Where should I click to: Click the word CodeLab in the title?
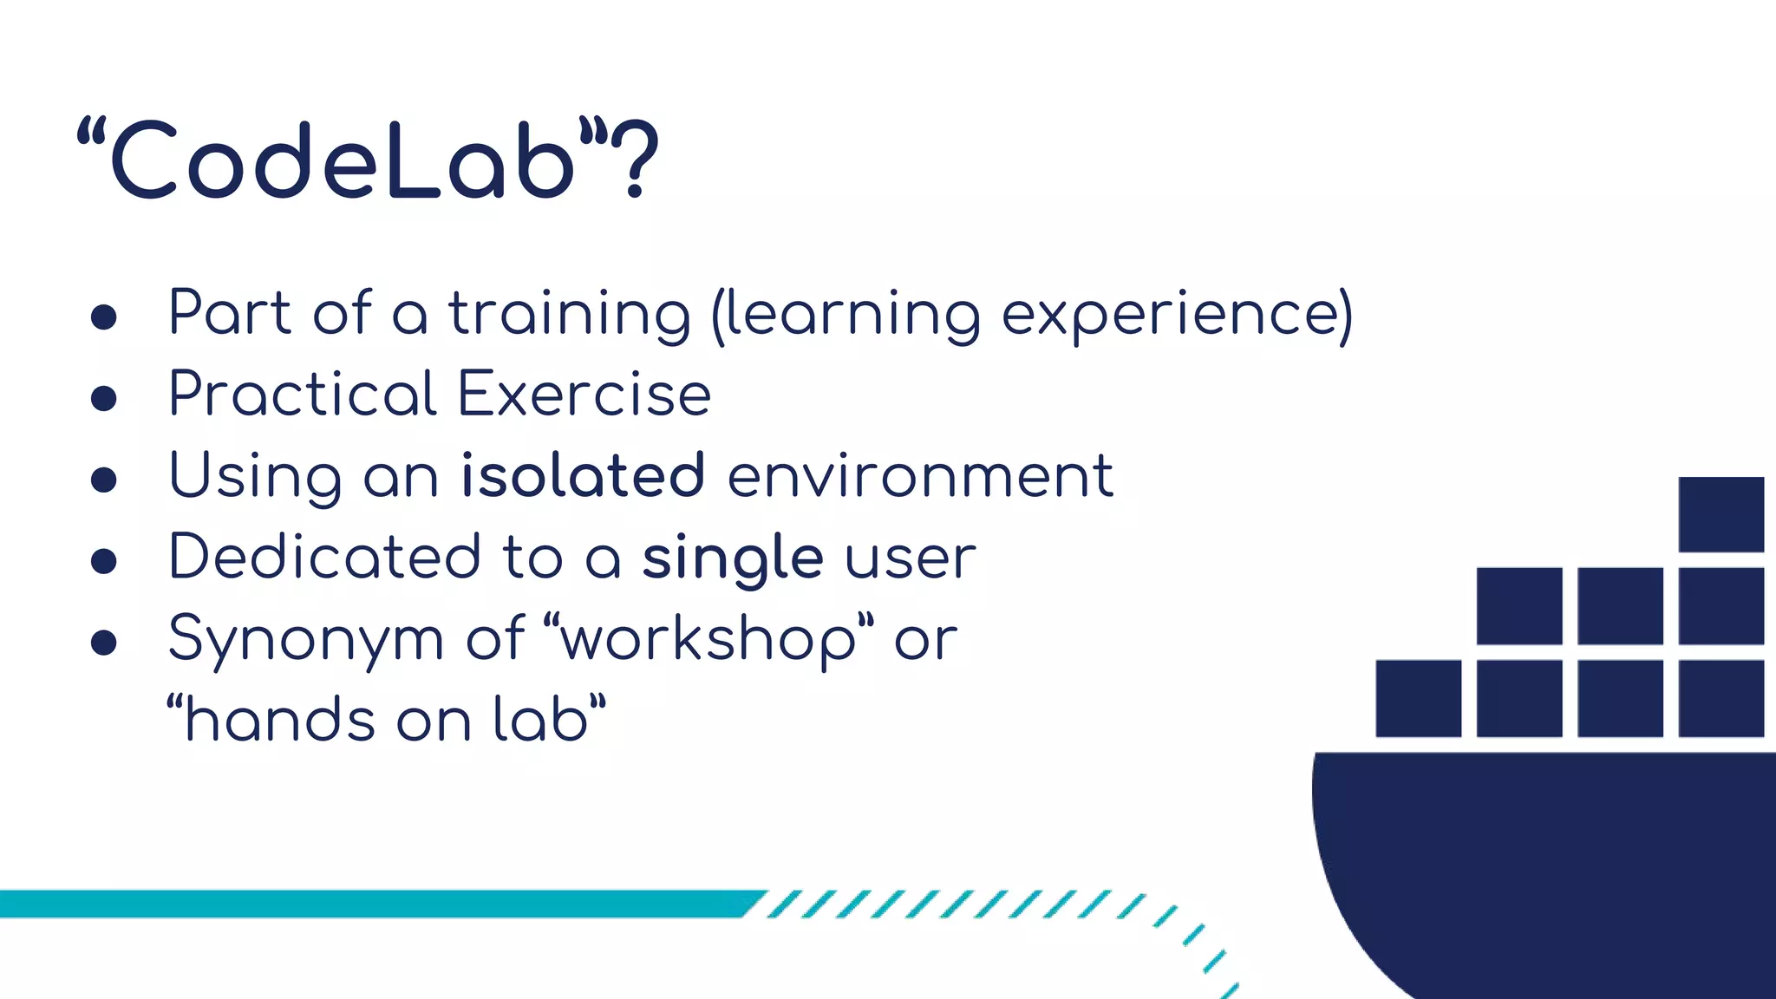pyautogui.click(x=343, y=161)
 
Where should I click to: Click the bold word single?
pyautogui.click(x=732, y=557)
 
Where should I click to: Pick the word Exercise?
pyautogui.click(x=584, y=395)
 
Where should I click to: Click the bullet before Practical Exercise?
pyautogui.click(x=104, y=398)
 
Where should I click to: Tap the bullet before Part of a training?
pyautogui.click(x=104, y=317)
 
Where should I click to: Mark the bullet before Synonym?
pyautogui.click(x=104, y=643)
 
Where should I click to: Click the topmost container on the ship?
pyautogui.click(x=1720, y=513)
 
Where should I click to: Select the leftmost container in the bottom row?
pyautogui.click(x=1418, y=698)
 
